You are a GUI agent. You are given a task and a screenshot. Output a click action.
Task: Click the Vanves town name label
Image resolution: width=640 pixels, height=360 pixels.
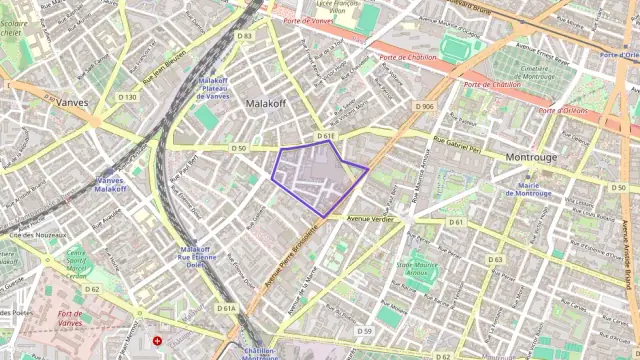[71, 102]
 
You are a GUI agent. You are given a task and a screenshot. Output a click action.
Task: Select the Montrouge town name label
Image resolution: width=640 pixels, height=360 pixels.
[531, 158]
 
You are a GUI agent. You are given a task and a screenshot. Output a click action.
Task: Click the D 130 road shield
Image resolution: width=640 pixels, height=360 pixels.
[127, 97]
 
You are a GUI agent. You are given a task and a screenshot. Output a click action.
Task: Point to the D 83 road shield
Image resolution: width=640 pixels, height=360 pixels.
[245, 36]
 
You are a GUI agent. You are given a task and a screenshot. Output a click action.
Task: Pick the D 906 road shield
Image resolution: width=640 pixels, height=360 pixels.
[424, 106]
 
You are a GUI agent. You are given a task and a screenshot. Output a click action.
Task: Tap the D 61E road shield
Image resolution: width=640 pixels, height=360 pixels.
[325, 135]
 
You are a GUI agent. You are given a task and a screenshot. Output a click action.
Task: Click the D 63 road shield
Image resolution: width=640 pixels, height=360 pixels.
[495, 259]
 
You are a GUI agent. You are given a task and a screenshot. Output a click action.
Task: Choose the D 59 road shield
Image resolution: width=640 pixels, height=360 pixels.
[364, 330]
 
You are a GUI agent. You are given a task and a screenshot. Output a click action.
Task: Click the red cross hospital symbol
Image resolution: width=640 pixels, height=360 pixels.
[157, 341]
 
